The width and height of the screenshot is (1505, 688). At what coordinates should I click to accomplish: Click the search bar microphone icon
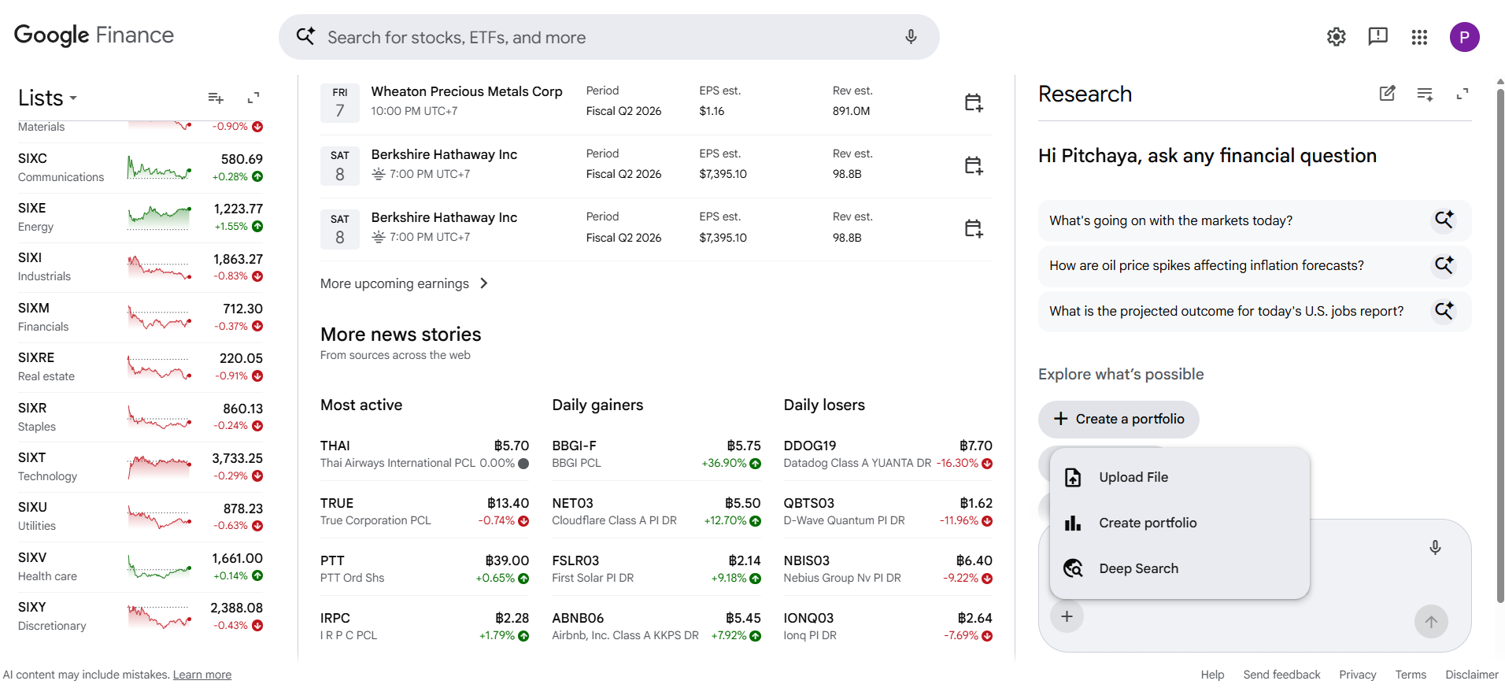pyautogui.click(x=911, y=37)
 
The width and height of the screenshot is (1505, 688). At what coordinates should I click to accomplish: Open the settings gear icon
pyautogui.click(x=1336, y=37)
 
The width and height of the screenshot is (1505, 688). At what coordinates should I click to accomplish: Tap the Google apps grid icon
pyautogui.click(x=1419, y=37)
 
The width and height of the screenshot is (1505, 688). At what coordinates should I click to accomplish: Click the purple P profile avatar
pyautogui.click(x=1464, y=37)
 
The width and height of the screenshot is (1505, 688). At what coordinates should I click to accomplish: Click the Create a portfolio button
pyautogui.click(x=1119, y=419)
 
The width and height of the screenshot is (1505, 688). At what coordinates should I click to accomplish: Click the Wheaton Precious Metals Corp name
pyautogui.click(x=467, y=91)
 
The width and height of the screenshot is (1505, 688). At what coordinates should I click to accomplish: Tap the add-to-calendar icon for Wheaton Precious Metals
pyautogui.click(x=974, y=102)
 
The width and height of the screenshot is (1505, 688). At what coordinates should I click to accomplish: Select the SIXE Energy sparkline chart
pyautogui.click(x=159, y=217)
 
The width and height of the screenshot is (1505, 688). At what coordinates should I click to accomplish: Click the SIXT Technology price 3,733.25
pyautogui.click(x=238, y=458)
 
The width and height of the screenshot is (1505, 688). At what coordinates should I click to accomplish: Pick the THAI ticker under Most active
pyautogui.click(x=335, y=446)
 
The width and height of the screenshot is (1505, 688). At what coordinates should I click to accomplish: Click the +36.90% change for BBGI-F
pyautogui.click(x=724, y=463)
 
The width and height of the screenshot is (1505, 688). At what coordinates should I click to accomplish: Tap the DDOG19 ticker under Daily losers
pyautogui.click(x=810, y=446)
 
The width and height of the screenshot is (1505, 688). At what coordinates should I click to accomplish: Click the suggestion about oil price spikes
pyautogui.click(x=1207, y=265)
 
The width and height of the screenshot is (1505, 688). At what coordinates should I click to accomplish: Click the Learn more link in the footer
pyautogui.click(x=202, y=675)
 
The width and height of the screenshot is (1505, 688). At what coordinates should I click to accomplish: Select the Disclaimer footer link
pyautogui.click(x=1472, y=675)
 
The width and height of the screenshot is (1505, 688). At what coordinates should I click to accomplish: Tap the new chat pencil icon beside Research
pyautogui.click(x=1388, y=94)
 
